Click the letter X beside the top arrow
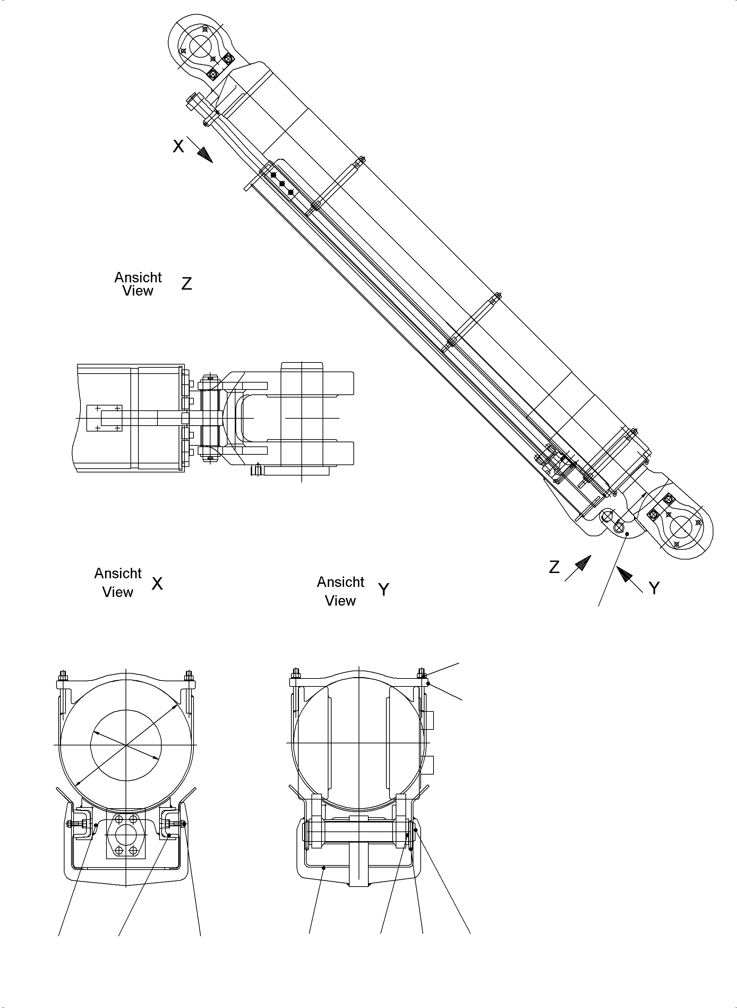[x=178, y=146]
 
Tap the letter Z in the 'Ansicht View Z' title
[x=187, y=284]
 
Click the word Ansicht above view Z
[x=138, y=277]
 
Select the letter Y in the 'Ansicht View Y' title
[x=384, y=590]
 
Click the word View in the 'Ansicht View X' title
[x=118, y=592]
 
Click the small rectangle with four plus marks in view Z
[x=104, y=418]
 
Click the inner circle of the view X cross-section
[x=126, y=745]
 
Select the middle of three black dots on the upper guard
[x=282, y=183]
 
